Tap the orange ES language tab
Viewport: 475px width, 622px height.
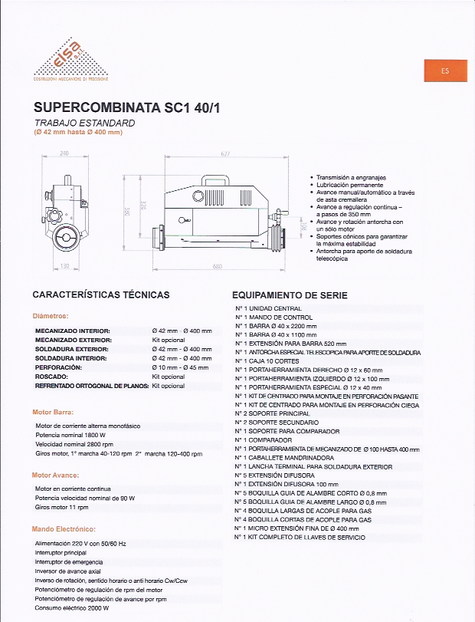click(445, 71)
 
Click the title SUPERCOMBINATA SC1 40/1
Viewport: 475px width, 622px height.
click(127, 108)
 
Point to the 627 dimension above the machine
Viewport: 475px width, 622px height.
click(225, 154)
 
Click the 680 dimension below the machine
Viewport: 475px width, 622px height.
click(218, 267)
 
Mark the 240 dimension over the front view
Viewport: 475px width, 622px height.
click(64, 154)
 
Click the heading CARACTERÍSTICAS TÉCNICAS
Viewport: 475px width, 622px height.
click(101, 295)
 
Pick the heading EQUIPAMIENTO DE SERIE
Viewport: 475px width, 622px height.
click(290, 295)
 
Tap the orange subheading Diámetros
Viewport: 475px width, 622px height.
click(51, 316)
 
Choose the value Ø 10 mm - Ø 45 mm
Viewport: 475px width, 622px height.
click(182, 367)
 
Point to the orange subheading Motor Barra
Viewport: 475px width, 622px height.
click(54, 413)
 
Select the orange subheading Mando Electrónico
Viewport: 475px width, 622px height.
click(64, 529)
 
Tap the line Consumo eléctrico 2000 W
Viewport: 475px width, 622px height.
click(72, 608)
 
